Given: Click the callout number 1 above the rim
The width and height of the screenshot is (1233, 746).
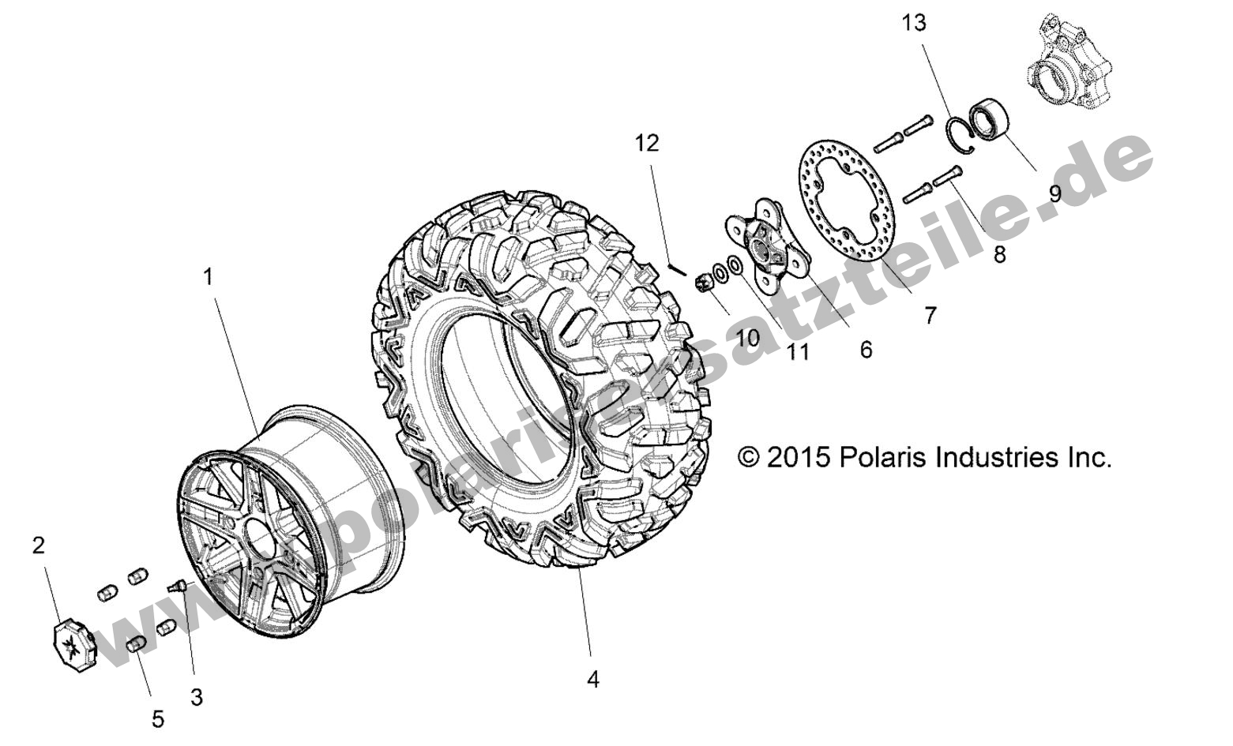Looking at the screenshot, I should [209, 277].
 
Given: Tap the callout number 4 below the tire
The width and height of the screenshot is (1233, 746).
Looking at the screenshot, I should [592, 679].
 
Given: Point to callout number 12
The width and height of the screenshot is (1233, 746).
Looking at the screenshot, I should [646, 143].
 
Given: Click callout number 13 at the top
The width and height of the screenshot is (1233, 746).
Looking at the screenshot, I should [913, 24].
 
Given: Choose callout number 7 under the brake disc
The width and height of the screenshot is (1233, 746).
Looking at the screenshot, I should [930, 316].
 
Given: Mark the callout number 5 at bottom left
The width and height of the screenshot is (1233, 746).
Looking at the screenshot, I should [157, 719].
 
